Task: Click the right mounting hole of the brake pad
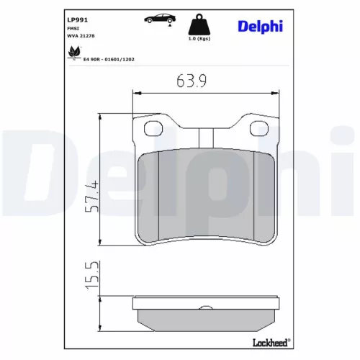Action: tap(258, 130)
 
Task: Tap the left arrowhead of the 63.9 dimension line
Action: tap(138, 92)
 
